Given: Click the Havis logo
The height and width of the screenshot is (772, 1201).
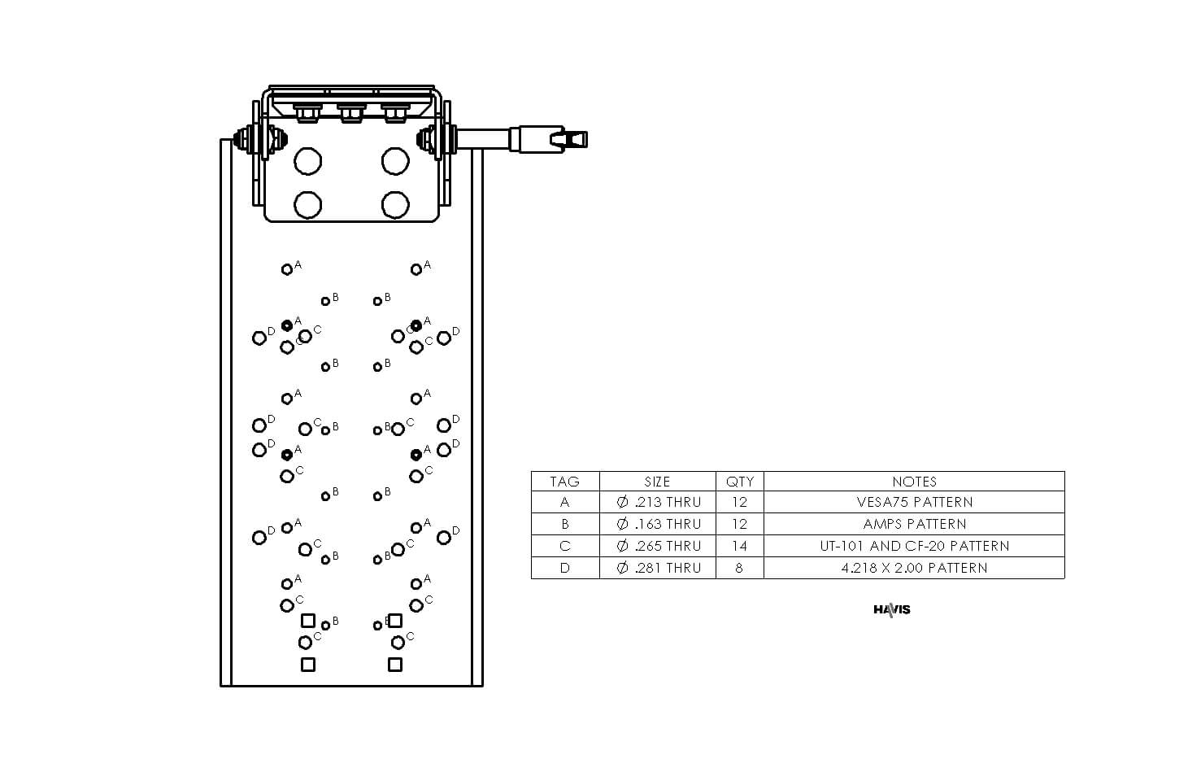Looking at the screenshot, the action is pos(892,609).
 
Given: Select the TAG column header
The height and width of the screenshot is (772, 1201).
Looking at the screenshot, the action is pos(564,482).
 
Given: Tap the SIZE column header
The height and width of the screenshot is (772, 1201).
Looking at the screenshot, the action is pos(657,482).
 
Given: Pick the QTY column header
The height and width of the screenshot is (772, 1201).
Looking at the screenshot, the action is pos(739,482).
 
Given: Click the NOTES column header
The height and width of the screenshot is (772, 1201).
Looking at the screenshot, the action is pos(914,482).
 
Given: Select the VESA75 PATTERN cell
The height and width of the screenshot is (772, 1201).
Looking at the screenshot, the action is pos(914,502).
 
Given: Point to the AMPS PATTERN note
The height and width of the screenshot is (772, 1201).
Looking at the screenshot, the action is pos(914,524).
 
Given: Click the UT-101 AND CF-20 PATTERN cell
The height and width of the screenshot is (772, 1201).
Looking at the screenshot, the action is pos(914,546).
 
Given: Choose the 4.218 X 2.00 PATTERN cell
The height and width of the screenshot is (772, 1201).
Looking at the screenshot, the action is pos(914,568).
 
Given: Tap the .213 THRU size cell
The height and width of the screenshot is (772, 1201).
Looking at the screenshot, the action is pos(659,502).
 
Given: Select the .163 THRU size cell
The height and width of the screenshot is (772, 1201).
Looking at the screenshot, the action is pos(659,524).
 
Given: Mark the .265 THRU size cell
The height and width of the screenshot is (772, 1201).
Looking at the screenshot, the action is pos(659,546).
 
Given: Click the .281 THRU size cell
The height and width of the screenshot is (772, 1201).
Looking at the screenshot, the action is pos(659,568).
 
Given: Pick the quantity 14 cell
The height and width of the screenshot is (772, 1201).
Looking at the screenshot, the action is pos(739,546).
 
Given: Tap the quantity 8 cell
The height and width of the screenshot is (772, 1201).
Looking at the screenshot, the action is pos(739,568).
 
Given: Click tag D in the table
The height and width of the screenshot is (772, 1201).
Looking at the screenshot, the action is pos(564,568).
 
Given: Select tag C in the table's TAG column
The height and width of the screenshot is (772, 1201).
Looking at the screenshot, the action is pos(564,546).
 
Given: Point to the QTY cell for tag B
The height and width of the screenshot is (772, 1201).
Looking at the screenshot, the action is pos(739,524).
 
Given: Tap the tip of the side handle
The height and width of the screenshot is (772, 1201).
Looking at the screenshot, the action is pos(586,140).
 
